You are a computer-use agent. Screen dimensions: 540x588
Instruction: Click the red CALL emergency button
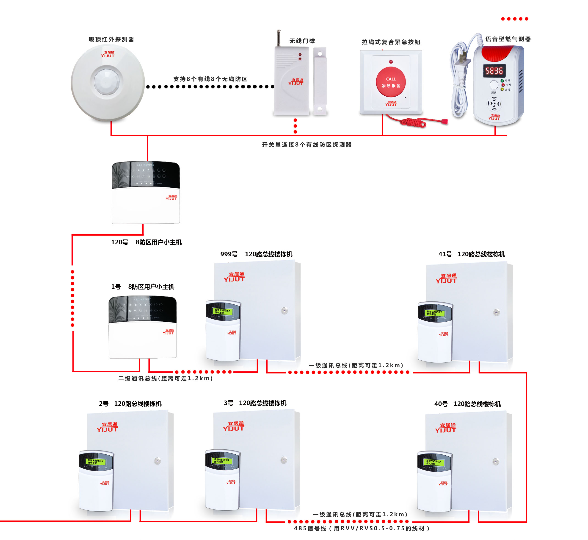[391, 82]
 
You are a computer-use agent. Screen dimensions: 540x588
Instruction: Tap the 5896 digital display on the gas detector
[494, 71]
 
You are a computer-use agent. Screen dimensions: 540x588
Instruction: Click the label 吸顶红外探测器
[111, 39]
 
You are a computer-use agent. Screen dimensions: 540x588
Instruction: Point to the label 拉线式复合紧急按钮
[391, 42]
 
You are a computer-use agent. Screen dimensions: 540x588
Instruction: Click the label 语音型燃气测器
[508, 39]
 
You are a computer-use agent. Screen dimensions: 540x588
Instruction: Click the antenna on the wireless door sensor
[279, 38]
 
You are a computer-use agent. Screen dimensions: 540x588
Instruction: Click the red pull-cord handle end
[444, 121]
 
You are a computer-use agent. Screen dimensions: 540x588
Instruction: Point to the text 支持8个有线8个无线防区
[210, 79]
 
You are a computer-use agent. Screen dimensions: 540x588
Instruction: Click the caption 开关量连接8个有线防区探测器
[306, 145]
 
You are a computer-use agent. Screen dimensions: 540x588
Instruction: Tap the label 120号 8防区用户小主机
[146, 242]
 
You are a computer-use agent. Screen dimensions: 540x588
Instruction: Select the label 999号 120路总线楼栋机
[256, 254]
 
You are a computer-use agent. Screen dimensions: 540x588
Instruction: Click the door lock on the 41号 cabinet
[496, 312]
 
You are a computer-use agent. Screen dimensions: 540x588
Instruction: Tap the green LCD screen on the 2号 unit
[95, 462]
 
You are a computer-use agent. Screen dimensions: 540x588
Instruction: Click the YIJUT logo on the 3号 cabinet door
[234, 426]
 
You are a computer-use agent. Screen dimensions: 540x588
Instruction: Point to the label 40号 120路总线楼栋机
[467, 404]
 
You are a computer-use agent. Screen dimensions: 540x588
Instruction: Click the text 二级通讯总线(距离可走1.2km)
[166, 379]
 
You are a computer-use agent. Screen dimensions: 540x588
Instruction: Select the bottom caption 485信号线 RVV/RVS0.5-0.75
[362, 528]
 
